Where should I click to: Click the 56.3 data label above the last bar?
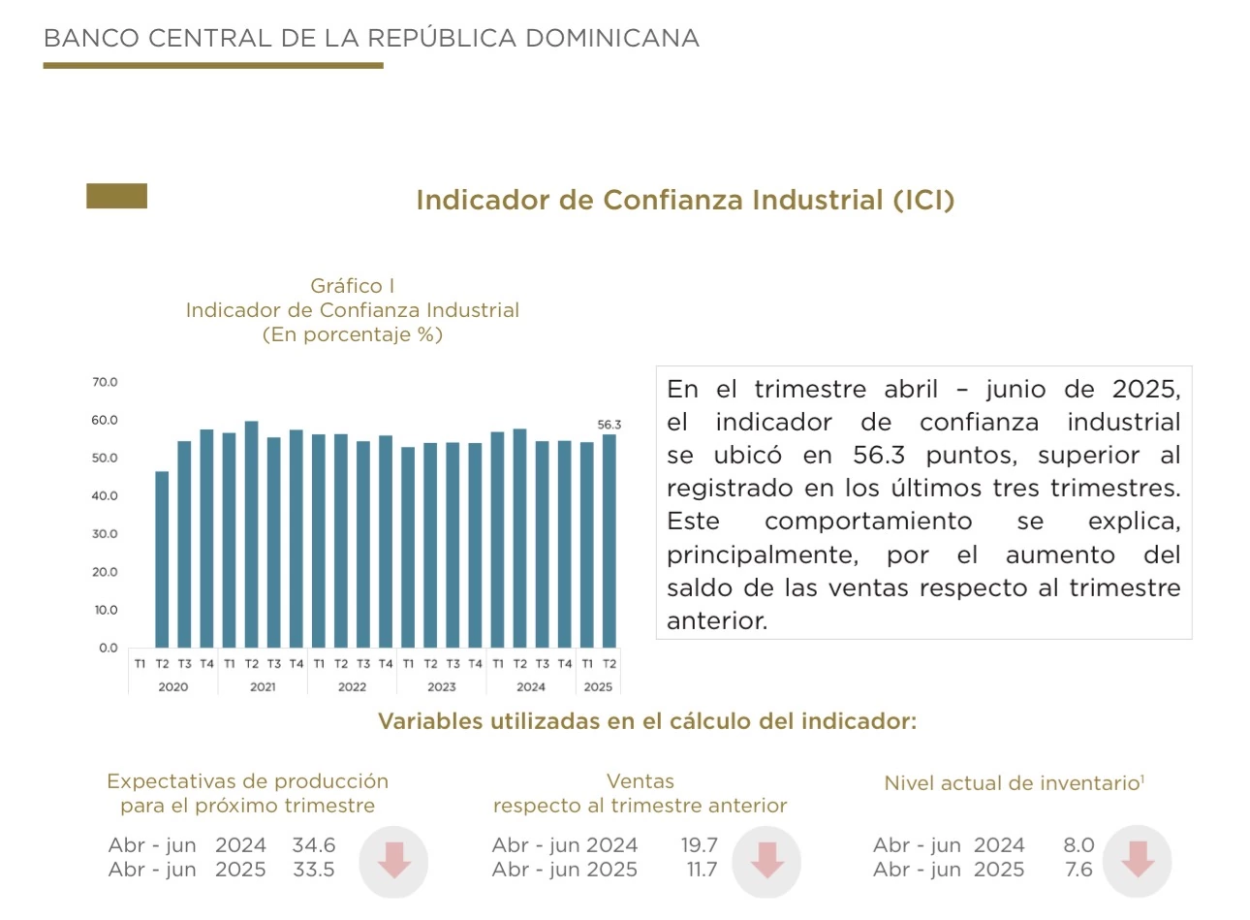tap(609, 425)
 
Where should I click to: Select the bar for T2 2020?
tap(162, 559)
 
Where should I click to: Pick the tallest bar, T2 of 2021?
tap(252, 534)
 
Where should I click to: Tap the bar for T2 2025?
tap(609, 541)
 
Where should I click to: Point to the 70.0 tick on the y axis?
tap(105, 382)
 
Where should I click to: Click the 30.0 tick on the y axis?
tap(105, 534)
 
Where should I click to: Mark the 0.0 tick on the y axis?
tap(108, 648)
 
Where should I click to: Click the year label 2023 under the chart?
tap(441, 686)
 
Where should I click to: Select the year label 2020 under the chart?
tap(172, 686)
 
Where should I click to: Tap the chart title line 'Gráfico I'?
tap(352, 286)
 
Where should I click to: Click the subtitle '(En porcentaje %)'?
tap(352, 334)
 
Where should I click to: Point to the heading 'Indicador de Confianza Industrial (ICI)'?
tap(685, 200)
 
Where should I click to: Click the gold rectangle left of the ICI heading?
tap(117, 196)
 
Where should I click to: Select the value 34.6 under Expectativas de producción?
tap(314, 845)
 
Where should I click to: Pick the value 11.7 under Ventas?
tap(702, 870)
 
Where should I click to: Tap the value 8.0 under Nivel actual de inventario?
tap(1078, 845)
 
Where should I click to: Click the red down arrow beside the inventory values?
tap(1138, 860)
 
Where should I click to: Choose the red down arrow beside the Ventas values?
tap(766, 860)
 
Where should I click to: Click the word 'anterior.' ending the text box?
tap(717, 621)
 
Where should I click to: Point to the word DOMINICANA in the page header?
tap(611, 38)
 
